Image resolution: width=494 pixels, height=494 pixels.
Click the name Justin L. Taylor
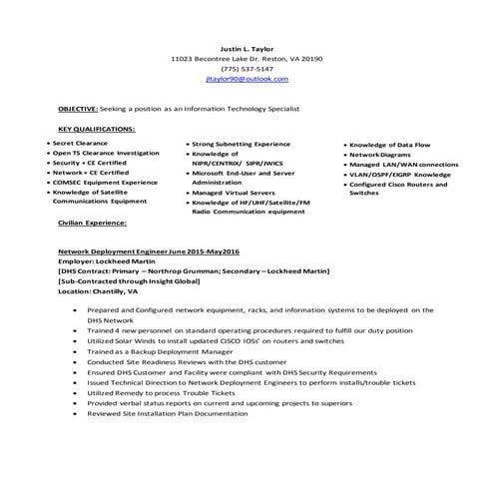pyautogui.click(x=246, y=46)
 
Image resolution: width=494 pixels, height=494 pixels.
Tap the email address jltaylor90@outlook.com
pyautogui.click(x=246, y=79)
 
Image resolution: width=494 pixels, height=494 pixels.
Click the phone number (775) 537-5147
pyautogui.click(x=246, y=68)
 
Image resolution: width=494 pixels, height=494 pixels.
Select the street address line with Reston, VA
pyautogui.click(x=246, y=57)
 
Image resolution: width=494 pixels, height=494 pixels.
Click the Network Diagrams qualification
pyautogui.click(x=382, y=155)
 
